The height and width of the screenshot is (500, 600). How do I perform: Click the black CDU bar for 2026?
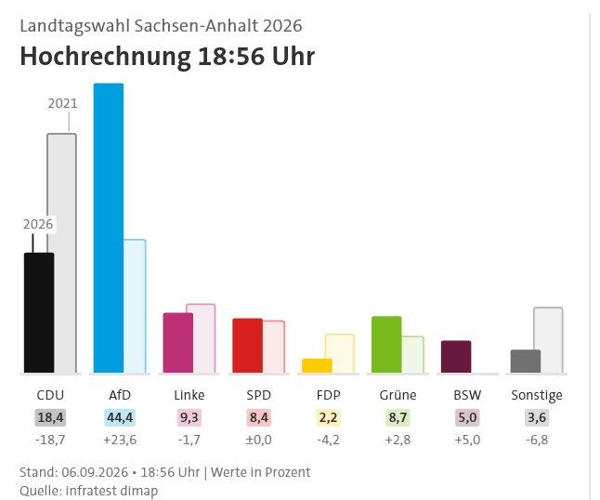click(x=39, y=313)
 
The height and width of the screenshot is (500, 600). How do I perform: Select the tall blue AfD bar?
click(x=109, y=229)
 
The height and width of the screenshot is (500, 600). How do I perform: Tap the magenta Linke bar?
click(x=178, y=343)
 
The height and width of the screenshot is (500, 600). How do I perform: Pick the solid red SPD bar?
click(x=248, y=346)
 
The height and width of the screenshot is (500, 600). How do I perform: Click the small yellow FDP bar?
click(x=318, y=365)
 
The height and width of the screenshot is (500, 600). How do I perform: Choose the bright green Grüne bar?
click(x=386, y=345)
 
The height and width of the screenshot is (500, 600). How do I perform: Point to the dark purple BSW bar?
click(x=456, y=357)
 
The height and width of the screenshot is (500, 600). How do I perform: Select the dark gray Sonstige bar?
click(x=526, y=362)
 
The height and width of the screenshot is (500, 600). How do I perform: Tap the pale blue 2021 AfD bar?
click(x=135, y=307)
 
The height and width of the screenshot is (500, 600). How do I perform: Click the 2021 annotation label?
click(x=62, y=103)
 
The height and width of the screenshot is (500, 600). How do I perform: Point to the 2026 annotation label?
click(x=38, y=224)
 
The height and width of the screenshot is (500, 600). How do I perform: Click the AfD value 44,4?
click(x=120, y=417)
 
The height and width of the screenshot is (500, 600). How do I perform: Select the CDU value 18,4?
click(x=50, y=417)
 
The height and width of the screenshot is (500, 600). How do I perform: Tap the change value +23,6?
click(x=120, y=440)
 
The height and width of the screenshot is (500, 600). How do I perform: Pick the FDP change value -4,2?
click(x=328, y=440)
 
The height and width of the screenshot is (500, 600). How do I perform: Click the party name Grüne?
click(x=398, y=395)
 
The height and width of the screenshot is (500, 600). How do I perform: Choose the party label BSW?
click(x=467, y=395)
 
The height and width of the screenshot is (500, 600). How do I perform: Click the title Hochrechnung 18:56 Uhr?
click(x=167, y=57)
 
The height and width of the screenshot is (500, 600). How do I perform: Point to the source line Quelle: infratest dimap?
click(x=89, y=491)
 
